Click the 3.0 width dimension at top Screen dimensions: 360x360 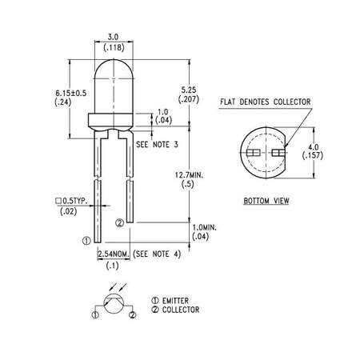pos(113,37)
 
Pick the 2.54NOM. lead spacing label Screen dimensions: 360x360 pos(113,254)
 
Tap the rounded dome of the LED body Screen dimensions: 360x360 pos(113,72)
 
